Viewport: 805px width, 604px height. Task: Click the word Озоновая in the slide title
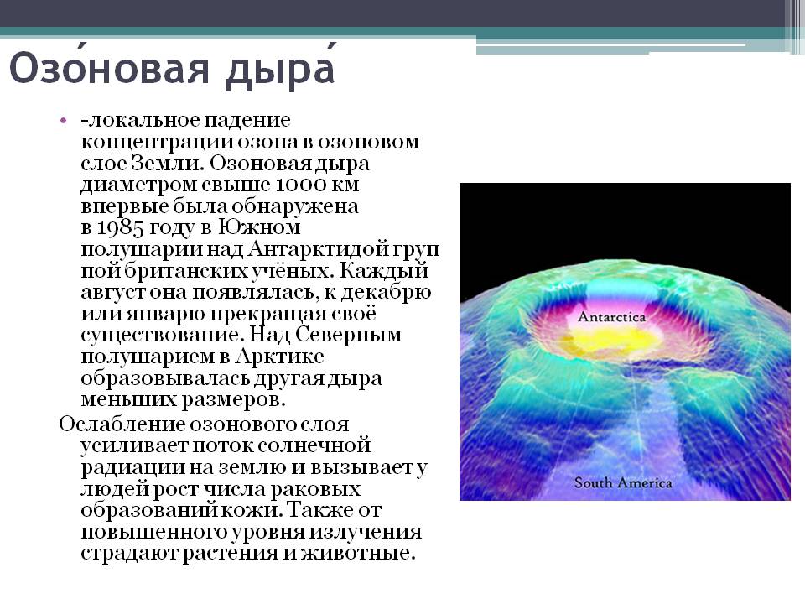110,67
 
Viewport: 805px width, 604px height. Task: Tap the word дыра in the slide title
281,70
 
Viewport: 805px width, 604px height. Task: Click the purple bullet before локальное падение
63,121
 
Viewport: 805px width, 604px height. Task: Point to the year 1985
120,227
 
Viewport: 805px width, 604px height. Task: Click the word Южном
259,227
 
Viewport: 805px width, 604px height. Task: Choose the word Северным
349,336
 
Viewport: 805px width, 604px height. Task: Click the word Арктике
280,357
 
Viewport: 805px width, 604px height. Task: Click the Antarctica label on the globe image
611,317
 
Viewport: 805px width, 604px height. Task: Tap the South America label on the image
623,483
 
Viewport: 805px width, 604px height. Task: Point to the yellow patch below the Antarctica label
614,341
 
